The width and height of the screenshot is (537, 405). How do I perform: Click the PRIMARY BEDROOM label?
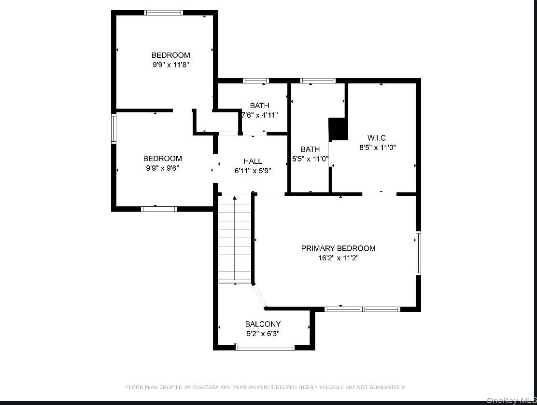pos(338,248)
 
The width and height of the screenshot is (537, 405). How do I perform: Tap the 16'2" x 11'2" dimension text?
pos(338,258)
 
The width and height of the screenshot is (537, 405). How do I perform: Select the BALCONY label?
pos(263,324)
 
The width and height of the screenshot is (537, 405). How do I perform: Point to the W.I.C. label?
pos(378,138)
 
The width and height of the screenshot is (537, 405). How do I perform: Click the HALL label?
pos(253,161)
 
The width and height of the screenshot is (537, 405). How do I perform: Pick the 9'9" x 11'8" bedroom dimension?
pos(170,65)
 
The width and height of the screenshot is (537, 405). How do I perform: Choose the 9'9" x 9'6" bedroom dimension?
pos(162,168)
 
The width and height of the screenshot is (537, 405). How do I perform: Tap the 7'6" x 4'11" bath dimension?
pos(260,115)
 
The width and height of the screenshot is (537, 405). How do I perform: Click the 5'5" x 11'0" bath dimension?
pos(311,159)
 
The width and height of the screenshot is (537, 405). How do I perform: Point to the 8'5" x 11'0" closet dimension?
pos(378,148)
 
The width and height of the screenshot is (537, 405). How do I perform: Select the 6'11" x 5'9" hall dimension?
pos(253,171)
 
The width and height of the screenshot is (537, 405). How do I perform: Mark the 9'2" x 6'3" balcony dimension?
pos(263,334)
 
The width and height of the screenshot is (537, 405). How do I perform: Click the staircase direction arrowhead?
pos(235,198)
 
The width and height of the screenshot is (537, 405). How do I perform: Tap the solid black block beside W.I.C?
pos(339,129)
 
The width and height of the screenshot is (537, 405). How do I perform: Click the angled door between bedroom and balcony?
pos(260,296)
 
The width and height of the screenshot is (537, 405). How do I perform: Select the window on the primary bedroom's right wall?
pos(418,253)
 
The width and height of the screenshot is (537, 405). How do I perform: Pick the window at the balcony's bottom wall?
pos(265,348)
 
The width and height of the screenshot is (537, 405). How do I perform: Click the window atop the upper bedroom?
pos(163,13)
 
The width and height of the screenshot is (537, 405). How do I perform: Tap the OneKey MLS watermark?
pos(512,400)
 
